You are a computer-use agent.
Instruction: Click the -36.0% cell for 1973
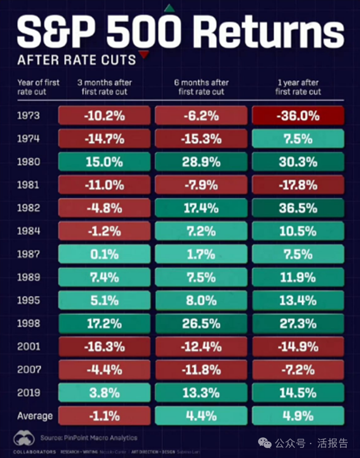[x=298, y=116]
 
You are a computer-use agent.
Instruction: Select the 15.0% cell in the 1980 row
[x=105, y=162]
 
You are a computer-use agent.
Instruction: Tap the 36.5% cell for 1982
[x=298, y=208]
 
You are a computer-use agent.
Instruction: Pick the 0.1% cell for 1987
[x=105, y=254]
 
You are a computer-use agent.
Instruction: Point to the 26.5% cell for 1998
[x=201, y=323]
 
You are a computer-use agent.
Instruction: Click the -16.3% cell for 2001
[x=105, y=347]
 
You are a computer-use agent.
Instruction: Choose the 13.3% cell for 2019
[x=201, y=392]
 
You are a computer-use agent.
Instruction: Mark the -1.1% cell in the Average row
[x=105, y=416]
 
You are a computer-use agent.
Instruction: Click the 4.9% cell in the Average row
[x=298, y=416]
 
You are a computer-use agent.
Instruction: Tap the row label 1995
[x=28, y=301]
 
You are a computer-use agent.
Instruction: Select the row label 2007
[x=28, y=370]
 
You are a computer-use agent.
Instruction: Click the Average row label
[x=34, y=416]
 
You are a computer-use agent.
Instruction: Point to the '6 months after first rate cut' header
[x=201, y=87]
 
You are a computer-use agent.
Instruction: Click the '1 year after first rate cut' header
[x=298, y=87]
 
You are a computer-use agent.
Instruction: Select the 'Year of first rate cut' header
[x=38, y=87]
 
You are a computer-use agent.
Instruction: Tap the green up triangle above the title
[x=169, y=8]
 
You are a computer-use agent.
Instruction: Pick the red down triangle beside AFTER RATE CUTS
[x=144, y=55]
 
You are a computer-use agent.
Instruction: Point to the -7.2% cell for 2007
[x=298, y=370]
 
